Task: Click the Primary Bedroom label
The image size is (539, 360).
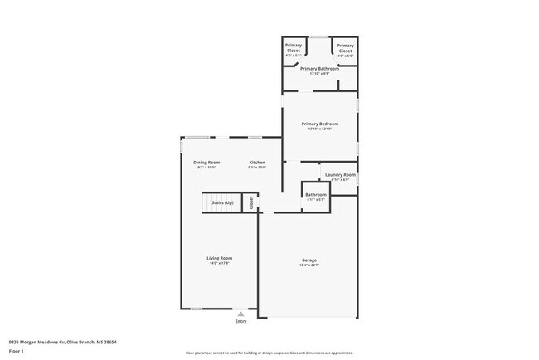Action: click(320, 124)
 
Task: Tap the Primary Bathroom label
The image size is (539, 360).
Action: click(319, 68)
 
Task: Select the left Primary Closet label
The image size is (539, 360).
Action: click(294, 48)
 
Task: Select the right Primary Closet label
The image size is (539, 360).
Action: click(346, 48)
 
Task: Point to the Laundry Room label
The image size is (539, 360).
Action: click(340, 174)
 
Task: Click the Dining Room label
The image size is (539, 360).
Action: click(206, 162)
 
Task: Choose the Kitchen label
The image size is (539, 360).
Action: click(257, 162)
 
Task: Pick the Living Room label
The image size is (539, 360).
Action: click(219, 258)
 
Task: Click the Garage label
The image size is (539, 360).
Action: click(308, 260)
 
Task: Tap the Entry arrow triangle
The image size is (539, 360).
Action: click(240, 314)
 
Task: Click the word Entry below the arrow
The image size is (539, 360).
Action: click(240, 321)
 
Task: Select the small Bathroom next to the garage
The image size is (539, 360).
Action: click(317, 195)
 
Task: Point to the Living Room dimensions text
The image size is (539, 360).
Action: click(219, 264)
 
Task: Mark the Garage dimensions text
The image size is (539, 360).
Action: click(308, 266)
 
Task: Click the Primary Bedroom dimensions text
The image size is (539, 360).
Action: click(320, 129)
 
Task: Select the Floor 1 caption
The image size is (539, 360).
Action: click(17, 351)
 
